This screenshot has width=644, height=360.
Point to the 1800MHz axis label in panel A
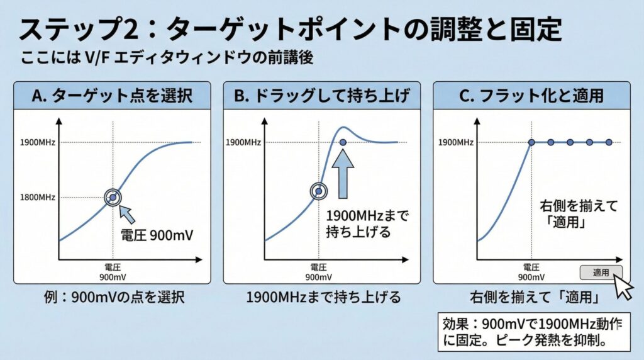click(x=38, y=197)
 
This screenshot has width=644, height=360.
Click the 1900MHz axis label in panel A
click(x=38, y=143)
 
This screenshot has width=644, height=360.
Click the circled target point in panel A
click(x=113, y=197)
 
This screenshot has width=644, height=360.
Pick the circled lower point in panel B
click(x=319, y=191)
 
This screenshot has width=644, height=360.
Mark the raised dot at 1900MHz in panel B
click(x=343, y=142)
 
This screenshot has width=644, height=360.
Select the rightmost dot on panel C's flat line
click(x=608, y=143)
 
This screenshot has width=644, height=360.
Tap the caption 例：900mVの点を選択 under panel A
click(x=113, y=297)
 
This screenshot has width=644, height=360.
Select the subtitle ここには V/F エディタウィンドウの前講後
click(x=167, y=59)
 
